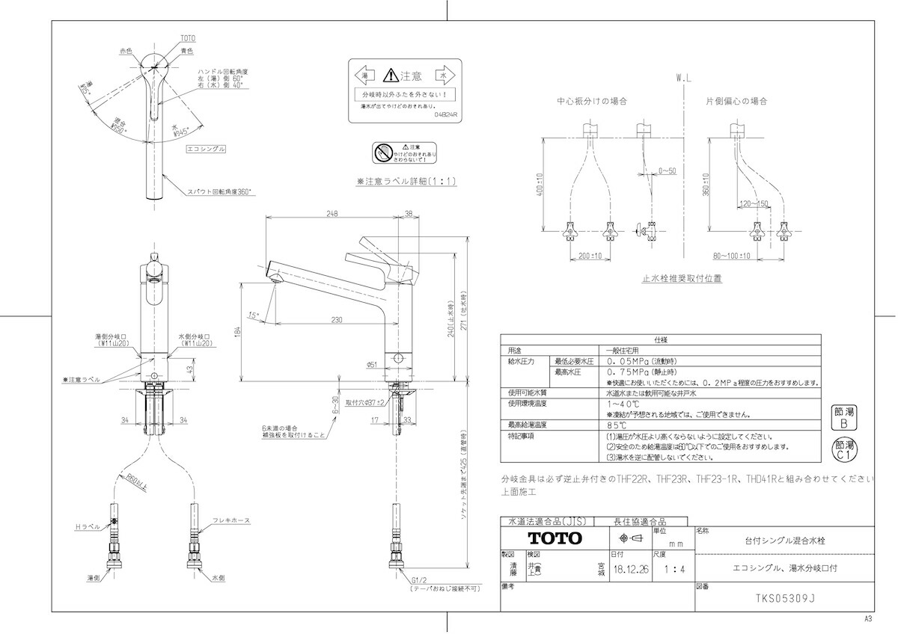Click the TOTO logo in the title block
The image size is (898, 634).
coord(555,538)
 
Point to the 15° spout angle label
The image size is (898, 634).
coord(254,316)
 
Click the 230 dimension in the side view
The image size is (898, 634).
coord(336,320)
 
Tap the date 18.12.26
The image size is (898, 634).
coord(630,569)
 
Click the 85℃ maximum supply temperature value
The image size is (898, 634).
coord(616,425)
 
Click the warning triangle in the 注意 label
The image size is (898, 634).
coord(391,76)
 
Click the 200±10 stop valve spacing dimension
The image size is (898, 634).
coord(591,256)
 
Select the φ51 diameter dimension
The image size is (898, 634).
coord(372,364)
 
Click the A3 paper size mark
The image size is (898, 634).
coord(869,619)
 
